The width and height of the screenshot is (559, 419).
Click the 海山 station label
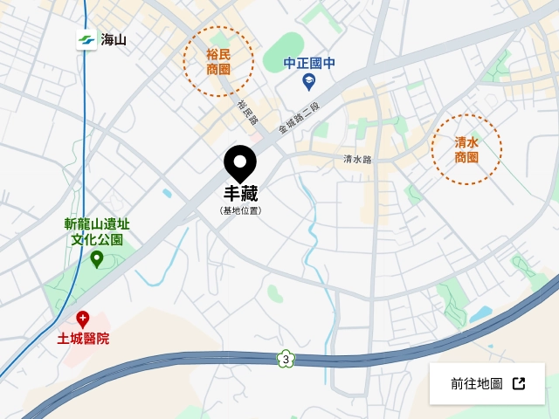pos(114,39)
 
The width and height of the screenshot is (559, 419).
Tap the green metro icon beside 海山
pos(86,39)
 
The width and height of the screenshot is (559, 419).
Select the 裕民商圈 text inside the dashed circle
pos(218,60)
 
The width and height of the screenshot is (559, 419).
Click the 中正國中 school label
pos(309,64)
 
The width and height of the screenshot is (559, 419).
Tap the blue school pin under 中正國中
pos(308,82)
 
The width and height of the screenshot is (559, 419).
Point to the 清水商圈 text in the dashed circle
pos(466,149)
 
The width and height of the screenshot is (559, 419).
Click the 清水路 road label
pos(357,160)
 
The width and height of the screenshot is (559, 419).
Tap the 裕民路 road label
pos(245,111)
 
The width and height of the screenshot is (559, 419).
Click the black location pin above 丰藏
pos(239,163)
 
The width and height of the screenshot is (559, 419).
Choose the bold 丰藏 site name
pos(240,194)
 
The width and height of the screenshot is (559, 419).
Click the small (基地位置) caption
pos(240,210)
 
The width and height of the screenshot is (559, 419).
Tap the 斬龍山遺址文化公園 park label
pos(97,231)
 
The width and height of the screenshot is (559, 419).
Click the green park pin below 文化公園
pos(97,258)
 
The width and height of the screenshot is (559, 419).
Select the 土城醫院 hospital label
pos(83,338)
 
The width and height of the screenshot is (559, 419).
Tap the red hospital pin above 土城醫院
pos(83,319)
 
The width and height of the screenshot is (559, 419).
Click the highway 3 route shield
pos(285,358)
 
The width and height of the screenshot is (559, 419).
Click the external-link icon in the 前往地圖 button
pos(519,384)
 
